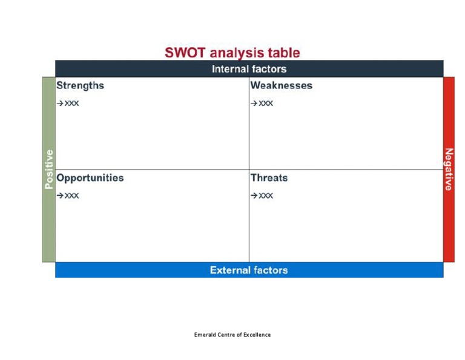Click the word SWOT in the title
click(x=183, y=53)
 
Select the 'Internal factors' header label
click(x=249, y=69)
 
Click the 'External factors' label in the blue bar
click(x=249, y=270)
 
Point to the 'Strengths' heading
click(x=80, y=85)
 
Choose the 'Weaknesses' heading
click(x=281, y=85)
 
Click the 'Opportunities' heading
click(x=90, y=178)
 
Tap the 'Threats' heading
click(x=269, y=178)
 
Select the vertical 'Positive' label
click(x=49, y=169)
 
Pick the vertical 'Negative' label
click(x=449, y=169)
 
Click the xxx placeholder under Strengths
click(x=72, y=104)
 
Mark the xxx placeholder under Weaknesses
click(x=266, y=104)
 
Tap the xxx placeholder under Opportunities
click(x=72, y=196)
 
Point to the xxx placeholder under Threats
click(x=266, y=196)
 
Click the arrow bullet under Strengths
click(x=60, y=104)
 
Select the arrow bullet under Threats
click(x=254, y=196)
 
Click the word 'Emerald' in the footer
click(x=204, y=335)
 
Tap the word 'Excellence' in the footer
click(x=257, y=335)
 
